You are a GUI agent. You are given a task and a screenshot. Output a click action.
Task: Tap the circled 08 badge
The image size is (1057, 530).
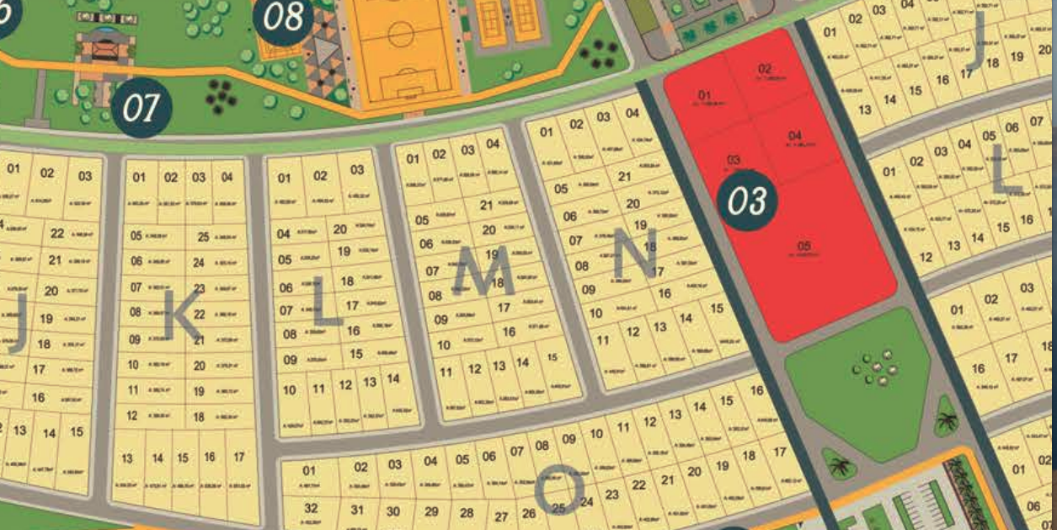pyautogui.click(x=283, y=18)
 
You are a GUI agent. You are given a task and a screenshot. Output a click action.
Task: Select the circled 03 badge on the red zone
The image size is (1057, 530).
pyautogui.click(x=747, y=201)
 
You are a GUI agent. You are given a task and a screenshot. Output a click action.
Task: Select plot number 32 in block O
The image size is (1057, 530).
pyautogui.click(x=311, y=508)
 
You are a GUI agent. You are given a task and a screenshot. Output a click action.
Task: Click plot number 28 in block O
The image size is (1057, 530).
pyautogui.click(x=466, y=512)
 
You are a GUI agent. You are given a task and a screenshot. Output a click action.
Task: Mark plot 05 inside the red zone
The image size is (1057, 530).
pyautogui.click(x=803, y=246)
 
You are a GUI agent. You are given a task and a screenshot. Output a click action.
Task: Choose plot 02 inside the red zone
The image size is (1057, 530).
pyautogui.click(x=765, y=69)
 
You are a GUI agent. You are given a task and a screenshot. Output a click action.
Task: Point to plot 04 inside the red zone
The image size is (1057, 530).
pyautogui.click(x=795, y=136)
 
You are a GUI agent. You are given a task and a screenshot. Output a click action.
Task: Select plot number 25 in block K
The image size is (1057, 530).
pyautogui.click(x=203, y=237)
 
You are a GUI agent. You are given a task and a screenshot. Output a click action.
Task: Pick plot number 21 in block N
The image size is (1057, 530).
pyautogui.click(x=624, y=176)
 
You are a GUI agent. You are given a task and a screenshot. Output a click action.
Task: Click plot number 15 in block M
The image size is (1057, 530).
pyautogui.click(x=552, y=357)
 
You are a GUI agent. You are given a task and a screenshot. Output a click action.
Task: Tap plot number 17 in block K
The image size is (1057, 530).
pyautogui.click(x=239, y=457)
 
